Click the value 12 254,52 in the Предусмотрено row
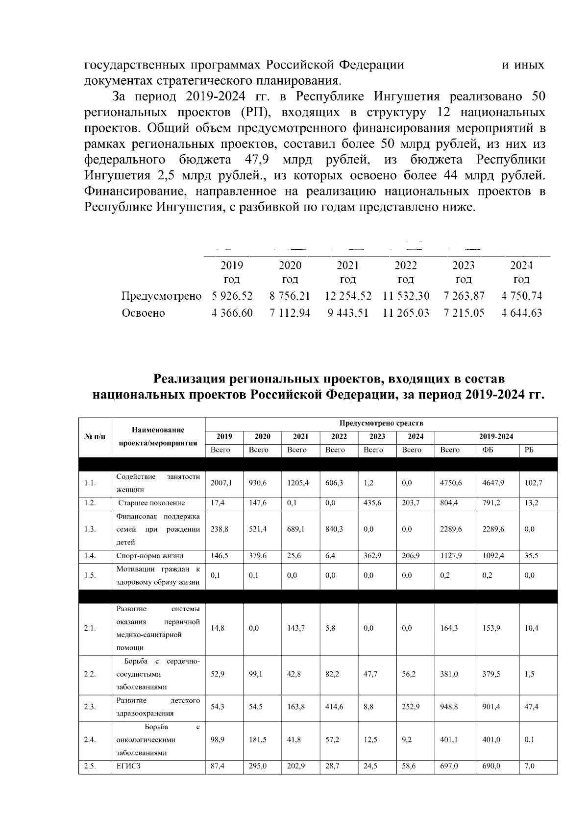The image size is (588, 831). click(x=348, y=296)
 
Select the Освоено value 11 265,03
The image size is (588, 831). click(x=406, y=313)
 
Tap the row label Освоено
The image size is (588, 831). click(x=143, y=313)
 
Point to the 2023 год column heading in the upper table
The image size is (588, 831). click(x=464, y=272)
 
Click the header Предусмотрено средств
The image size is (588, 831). click(x=381, y=423)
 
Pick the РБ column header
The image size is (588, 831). click(x=529, y=450)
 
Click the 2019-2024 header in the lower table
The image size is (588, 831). click(x=496, y=437)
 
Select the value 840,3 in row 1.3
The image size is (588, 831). click(x=334, y=529)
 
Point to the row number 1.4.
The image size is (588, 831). click(x=90, y=556)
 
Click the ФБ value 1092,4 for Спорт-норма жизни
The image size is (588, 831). click(x=491, y=556)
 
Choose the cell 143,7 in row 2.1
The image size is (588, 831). click(x=296, y=628)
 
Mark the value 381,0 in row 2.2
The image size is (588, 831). click(x=449, y=674)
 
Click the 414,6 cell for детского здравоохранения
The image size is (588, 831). click(x=334, y=707)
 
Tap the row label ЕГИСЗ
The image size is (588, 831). click(x=128, y=767)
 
